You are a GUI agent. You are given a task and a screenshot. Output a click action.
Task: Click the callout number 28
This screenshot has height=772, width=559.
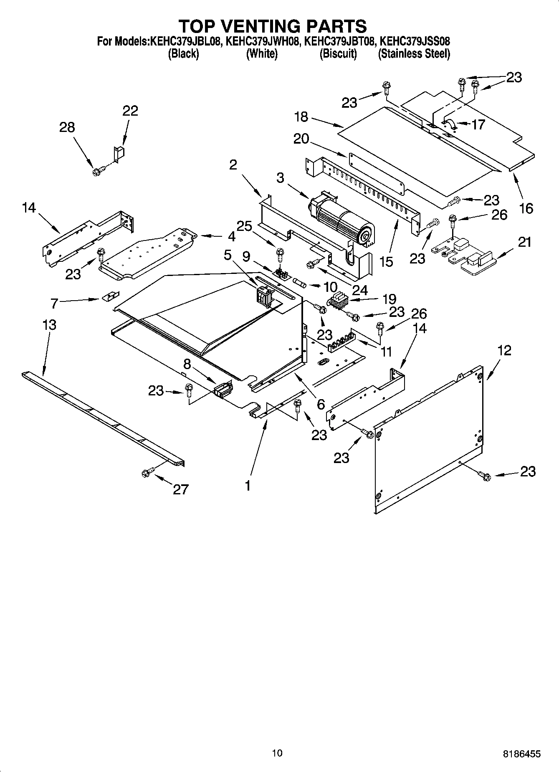pyautogui.click(x=67, y=127)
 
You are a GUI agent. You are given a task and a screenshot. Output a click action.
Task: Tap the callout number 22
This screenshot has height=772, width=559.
pyautogui.click(x=130, y=111)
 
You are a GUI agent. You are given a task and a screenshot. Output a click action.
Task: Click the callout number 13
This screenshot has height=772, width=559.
pyautogui.click(x=49, y=325)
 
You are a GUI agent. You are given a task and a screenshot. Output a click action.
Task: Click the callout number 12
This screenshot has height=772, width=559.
pyautogui.click(x=504, y=350)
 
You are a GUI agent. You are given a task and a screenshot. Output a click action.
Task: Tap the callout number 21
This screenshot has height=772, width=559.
pyautogui.click(x=524, y=242)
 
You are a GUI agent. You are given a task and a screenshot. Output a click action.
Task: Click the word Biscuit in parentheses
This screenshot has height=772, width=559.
pyautogui.click(x=338, y=54)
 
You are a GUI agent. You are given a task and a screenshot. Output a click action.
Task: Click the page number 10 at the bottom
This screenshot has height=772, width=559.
pyautogui.click(x=277, y=753)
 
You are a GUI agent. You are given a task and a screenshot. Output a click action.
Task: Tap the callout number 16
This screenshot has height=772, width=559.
pyautogui.click(x=526, y=208)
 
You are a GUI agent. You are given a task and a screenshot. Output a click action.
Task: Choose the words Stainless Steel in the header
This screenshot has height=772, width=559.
pyautogui.click(x=414, y=54)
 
